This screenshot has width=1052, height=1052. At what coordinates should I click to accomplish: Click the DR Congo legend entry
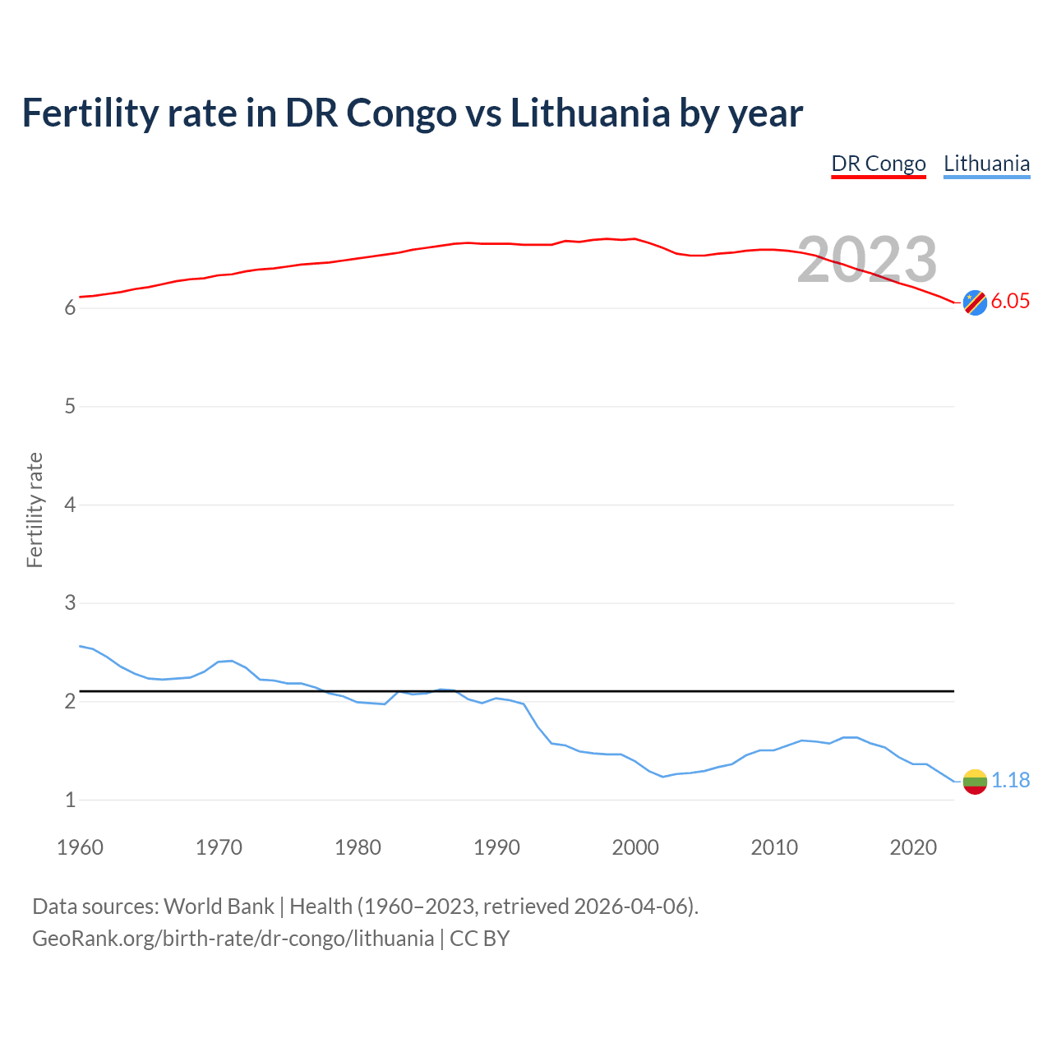[x=878, y=164]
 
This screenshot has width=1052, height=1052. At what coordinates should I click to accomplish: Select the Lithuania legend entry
[x=986, y=164]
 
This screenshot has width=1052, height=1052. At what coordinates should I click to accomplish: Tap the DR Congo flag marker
[x=974, y=302]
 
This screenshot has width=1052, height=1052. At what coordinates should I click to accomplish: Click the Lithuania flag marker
[x=974, y=781]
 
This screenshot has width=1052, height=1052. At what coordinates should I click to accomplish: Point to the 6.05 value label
[x=1010, y=302]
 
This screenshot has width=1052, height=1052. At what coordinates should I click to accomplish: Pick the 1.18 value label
[x=1010, y=780]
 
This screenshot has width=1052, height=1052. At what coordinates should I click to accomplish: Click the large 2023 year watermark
[x=867, y=260]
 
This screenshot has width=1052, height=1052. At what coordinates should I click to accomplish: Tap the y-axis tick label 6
[x=71, y=308]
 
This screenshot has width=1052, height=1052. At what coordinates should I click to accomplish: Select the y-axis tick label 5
[x=71, y=407]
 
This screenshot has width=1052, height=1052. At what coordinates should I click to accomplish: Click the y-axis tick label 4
[x=71, y=505]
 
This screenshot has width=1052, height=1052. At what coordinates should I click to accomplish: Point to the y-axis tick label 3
[x=71, y=603]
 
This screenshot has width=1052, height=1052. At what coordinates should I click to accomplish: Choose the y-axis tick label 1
[x=71, y=800]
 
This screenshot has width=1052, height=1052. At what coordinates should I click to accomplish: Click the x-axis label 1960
[x=80, y=847]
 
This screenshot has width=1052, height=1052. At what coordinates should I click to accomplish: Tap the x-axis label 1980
[x=358, y=847]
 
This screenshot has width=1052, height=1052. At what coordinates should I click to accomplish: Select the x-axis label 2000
[x=635, y=847]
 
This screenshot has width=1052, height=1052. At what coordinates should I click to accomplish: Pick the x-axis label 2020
[x=913, y=847]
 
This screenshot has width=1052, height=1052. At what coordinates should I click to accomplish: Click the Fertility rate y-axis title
[x=35, y=510]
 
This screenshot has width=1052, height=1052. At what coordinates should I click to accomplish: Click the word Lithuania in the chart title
[x=590, y=113]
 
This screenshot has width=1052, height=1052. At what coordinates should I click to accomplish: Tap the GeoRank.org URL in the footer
[x=233, y=939]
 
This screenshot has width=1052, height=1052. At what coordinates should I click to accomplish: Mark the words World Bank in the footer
[x=219, y=907]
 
